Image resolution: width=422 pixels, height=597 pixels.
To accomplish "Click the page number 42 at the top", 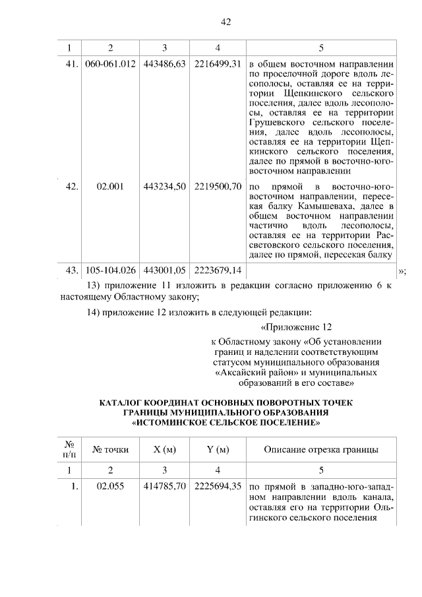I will (x=226, y=22).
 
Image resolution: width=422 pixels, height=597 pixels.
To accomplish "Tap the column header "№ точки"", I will (x=111, y=450).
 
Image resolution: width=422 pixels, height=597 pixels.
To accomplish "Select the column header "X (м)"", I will (x=164, y=450).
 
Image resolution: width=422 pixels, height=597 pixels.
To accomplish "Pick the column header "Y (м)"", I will (x=218, y=450).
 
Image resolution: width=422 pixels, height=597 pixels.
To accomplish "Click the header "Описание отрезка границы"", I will (x=321, y=450).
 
